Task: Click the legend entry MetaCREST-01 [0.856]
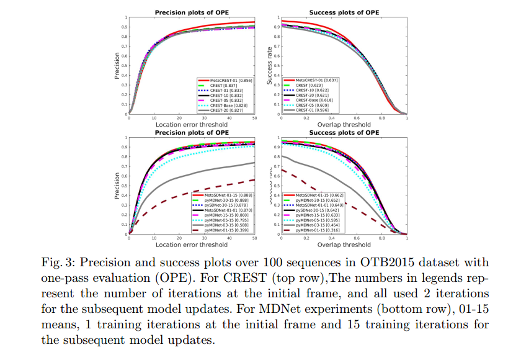226,81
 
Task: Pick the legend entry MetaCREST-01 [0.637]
317,80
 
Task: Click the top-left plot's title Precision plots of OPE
192,12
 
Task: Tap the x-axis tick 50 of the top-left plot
254,119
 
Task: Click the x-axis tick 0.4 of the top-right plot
332,119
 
